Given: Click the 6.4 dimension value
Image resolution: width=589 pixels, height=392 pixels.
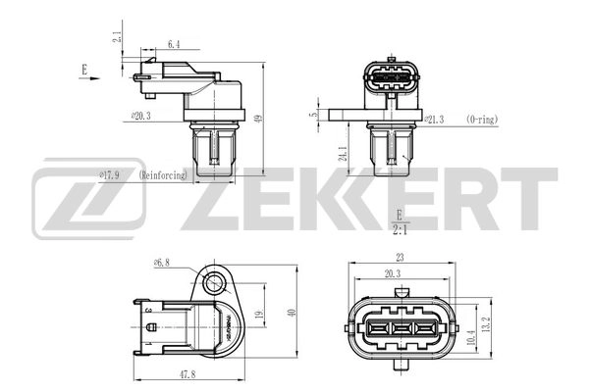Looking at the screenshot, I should [174, 45].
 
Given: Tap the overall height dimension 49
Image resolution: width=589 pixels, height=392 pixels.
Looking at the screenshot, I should [258, 120].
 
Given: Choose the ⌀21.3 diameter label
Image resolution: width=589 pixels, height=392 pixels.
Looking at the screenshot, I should [435, 119].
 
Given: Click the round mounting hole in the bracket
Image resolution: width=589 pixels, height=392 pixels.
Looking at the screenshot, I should [213, 285].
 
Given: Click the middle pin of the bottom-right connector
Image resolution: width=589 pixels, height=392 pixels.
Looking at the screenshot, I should [399, 328].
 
